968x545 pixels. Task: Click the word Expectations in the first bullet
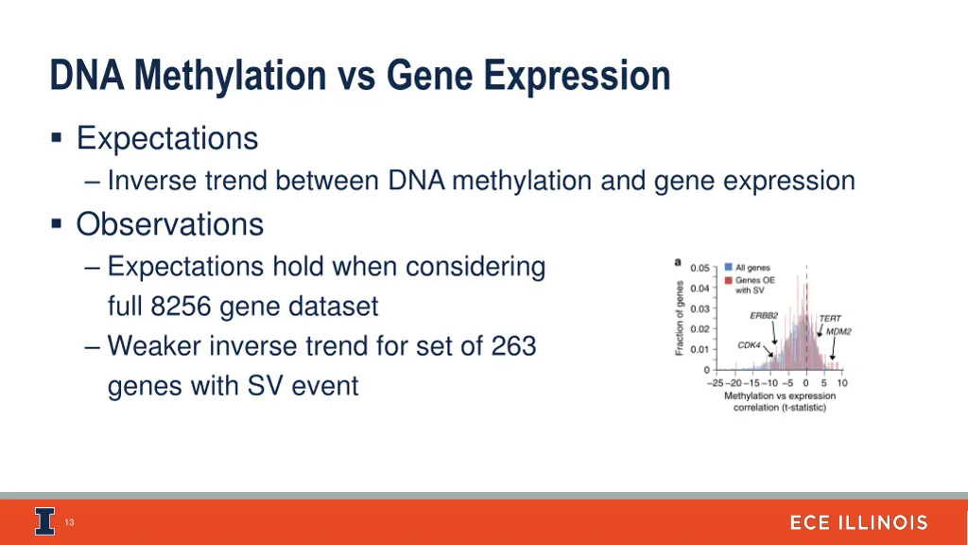tap(166, 139)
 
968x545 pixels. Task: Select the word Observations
tap(169, 224)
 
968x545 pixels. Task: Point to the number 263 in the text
tap(513, 346)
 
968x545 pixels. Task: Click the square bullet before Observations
tap(58, 224)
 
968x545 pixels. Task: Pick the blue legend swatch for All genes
tap(728, 268)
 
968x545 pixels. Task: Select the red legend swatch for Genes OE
tap(728, 280)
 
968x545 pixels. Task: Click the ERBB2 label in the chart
tap(764, 315)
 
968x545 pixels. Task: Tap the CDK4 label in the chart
tap(749, 345)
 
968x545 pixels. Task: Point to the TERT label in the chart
tap(829, 319)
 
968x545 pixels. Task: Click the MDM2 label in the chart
tap(838, 332)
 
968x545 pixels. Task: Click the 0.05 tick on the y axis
tap(700, 268)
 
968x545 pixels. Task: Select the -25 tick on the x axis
tap(715, 383)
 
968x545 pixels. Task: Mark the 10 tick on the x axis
tap(841, 383)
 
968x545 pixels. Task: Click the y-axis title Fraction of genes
tap(679, 318)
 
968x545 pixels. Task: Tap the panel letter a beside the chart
tap(677, 261)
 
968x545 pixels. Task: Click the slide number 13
tap(69, 522)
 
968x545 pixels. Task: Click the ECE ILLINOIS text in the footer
tap(858, 522)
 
